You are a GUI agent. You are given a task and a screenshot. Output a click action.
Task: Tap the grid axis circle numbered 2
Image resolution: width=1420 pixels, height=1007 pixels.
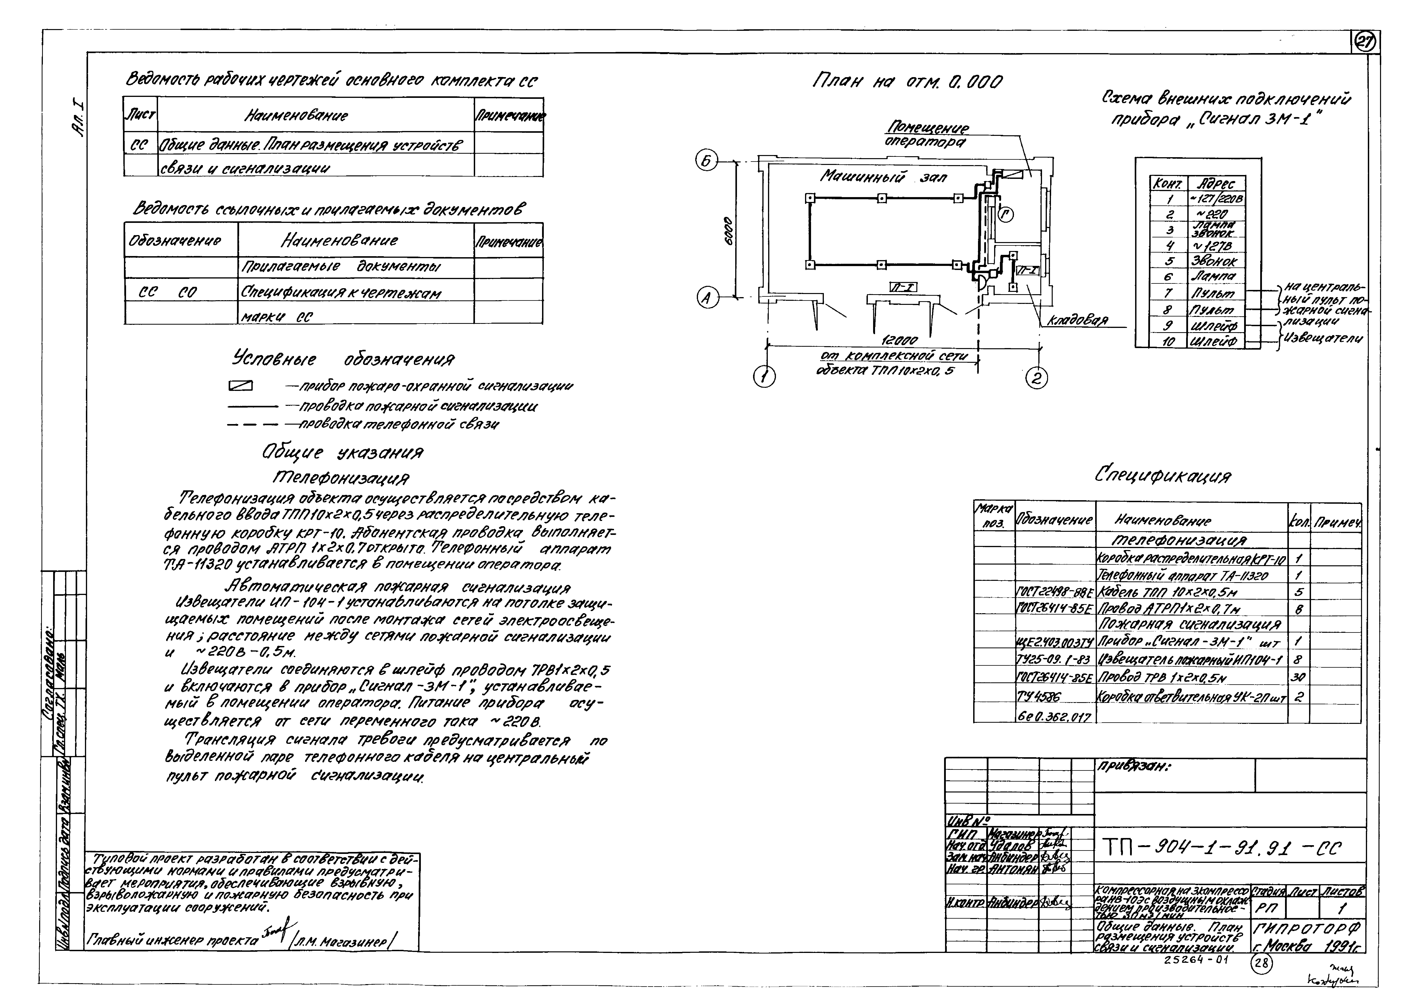[1037, 378]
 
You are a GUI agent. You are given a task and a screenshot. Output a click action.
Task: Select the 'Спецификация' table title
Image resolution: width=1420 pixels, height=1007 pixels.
[1163, 476]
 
